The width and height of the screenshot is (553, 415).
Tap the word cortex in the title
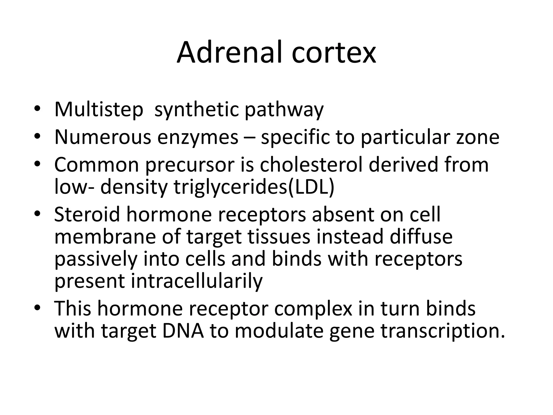[334, 53]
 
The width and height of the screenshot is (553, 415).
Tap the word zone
[478, 137]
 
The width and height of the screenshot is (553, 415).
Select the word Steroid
[87, 214]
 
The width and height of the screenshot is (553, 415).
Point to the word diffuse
[421, 236]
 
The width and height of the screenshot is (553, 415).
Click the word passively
[96, 259]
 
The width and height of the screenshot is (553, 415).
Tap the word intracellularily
[197, 281]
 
